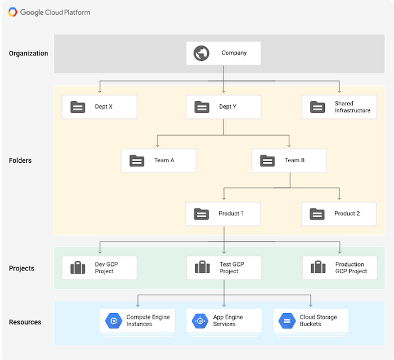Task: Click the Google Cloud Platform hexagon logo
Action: coord(12,12)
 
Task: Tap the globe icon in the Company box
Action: coord(202,53)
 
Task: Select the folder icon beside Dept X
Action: coord(78,107)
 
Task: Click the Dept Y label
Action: coord(227,106)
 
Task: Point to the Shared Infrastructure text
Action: coord(352,107)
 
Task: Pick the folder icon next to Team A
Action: coord(137,161)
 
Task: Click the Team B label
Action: coord(294,160)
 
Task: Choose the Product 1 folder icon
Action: coord(202,214)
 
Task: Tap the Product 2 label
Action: coord(347,214)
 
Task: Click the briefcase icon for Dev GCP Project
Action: coord(78,268)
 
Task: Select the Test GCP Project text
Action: coord(232,268)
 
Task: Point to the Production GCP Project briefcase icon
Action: coord(318,267)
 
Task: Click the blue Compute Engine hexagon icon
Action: coord(114,321)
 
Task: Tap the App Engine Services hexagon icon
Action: coord(200,321)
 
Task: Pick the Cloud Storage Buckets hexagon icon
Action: coord(287,321)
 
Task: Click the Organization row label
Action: coord(28,54)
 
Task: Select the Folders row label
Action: coord(20,160)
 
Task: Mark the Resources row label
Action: coord(25,322)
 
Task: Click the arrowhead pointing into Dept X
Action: coord(100,91)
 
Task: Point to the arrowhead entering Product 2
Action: coord(339,198)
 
